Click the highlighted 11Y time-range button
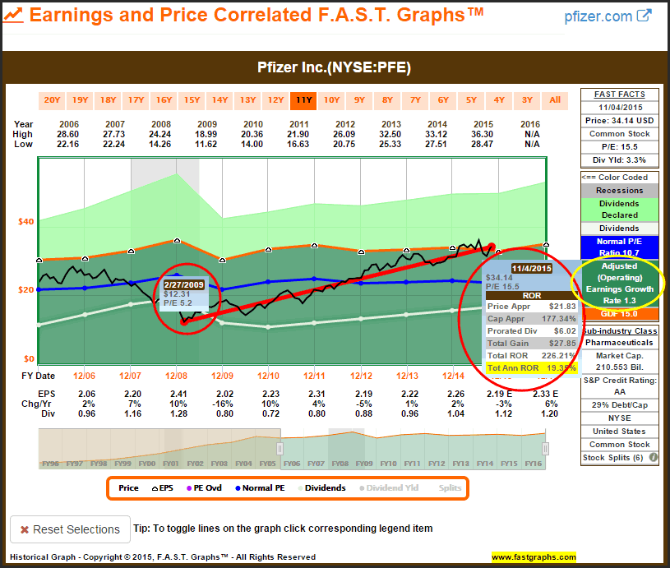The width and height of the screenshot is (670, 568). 303,100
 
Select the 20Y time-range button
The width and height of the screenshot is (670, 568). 52,100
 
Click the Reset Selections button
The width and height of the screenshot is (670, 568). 70,529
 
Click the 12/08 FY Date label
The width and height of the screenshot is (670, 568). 176,375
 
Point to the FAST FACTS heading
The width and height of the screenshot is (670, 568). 620,95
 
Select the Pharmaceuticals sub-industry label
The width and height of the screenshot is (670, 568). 620,342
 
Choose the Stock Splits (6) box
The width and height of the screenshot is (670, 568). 620,457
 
